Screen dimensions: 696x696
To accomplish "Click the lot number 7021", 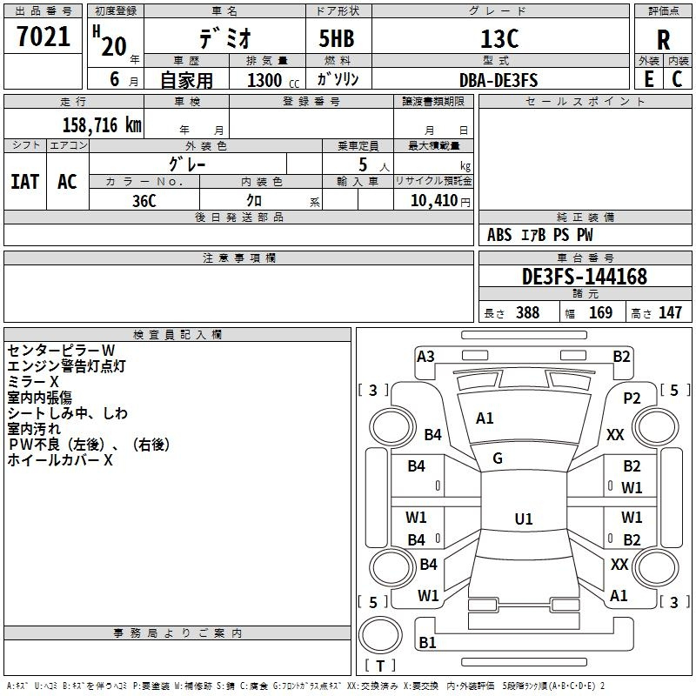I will click(43, 37).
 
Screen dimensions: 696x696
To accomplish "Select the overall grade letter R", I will click(664, 41).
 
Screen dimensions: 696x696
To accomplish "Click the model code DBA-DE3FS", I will click(499, 80).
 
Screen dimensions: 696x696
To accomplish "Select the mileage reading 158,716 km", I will click(102, 124).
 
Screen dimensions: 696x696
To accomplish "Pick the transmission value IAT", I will click(24, 181).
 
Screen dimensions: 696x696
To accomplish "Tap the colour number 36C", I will click(144, 200).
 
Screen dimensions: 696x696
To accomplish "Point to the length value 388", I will click(527, 313).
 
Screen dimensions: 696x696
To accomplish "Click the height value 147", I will click(670, 313).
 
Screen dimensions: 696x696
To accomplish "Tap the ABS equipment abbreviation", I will click(499, 235).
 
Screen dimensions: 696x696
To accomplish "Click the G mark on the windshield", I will click(498, 458).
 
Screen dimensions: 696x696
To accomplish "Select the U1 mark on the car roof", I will click(523, 519).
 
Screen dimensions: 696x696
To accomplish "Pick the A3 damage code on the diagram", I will click(425, 356).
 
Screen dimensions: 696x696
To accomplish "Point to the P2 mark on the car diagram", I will click(632, 398).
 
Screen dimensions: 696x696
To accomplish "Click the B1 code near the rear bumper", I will click(427, 643).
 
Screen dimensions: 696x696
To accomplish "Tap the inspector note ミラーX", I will click(33, 382).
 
